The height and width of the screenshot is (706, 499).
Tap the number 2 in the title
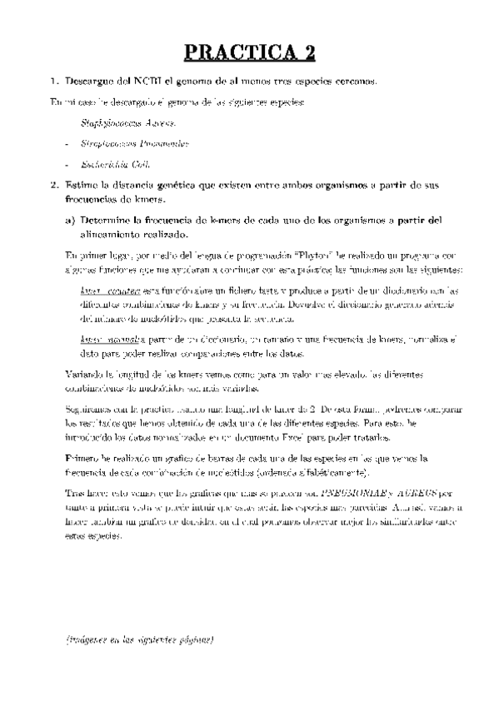(x=309, y=53)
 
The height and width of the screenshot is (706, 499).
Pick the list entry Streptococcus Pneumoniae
(x=135, y=144)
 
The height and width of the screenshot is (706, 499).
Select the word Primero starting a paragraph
(x=84, y=459)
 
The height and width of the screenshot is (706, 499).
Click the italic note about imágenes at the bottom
(x=140, y=640)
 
